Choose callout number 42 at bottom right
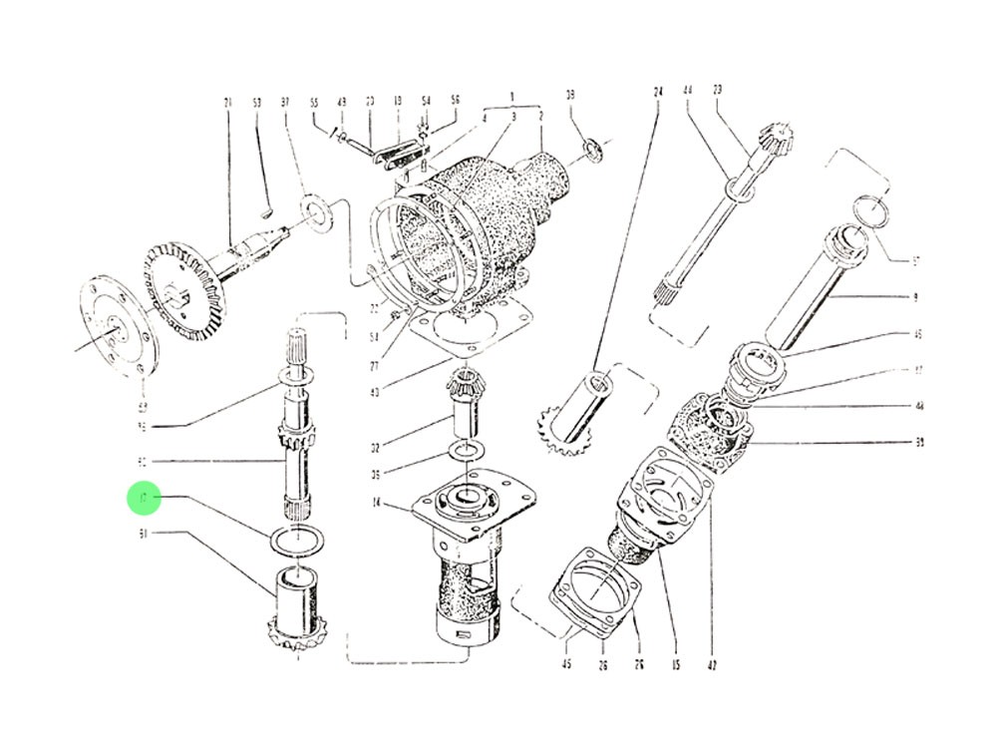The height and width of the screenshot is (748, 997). pyautogui.click(x=712, y=663)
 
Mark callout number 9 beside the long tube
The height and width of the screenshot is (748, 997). pyautogui.click(x=916, y=297)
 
